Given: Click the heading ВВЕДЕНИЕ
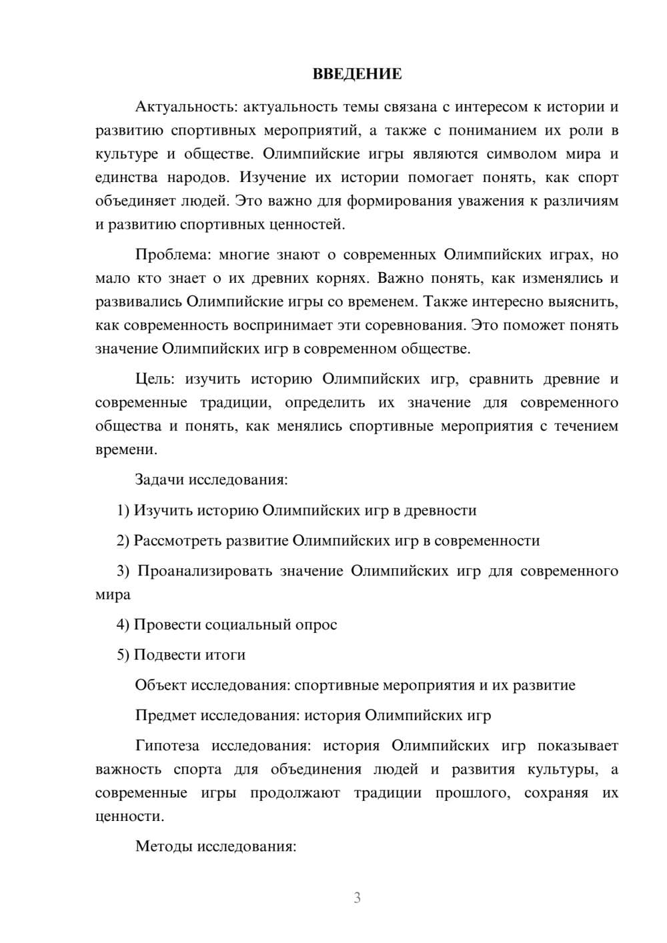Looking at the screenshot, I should pyautogui.click(x=357, y=74).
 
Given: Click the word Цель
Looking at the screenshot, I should pyautogui.click(x=154, y=379).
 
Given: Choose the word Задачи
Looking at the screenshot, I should pyautogui.click(x=160, y=480).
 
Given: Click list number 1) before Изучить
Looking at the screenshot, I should pyautogui.click(x=123, y=511).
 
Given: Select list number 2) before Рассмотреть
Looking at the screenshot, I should pyautogui.click(x=123, y=541).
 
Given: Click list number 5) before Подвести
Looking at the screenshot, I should pyautogui.click(x=123, y=656).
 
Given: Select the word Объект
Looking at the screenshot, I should pyautogui.click(x=161, y=686).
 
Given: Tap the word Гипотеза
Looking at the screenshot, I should pyautogui.click(x=167, y=746).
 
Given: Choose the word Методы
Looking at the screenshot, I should pyautogui.click(x=161, y=847).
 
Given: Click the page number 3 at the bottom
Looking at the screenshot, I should pyautogui.click(x=357, y=898).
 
